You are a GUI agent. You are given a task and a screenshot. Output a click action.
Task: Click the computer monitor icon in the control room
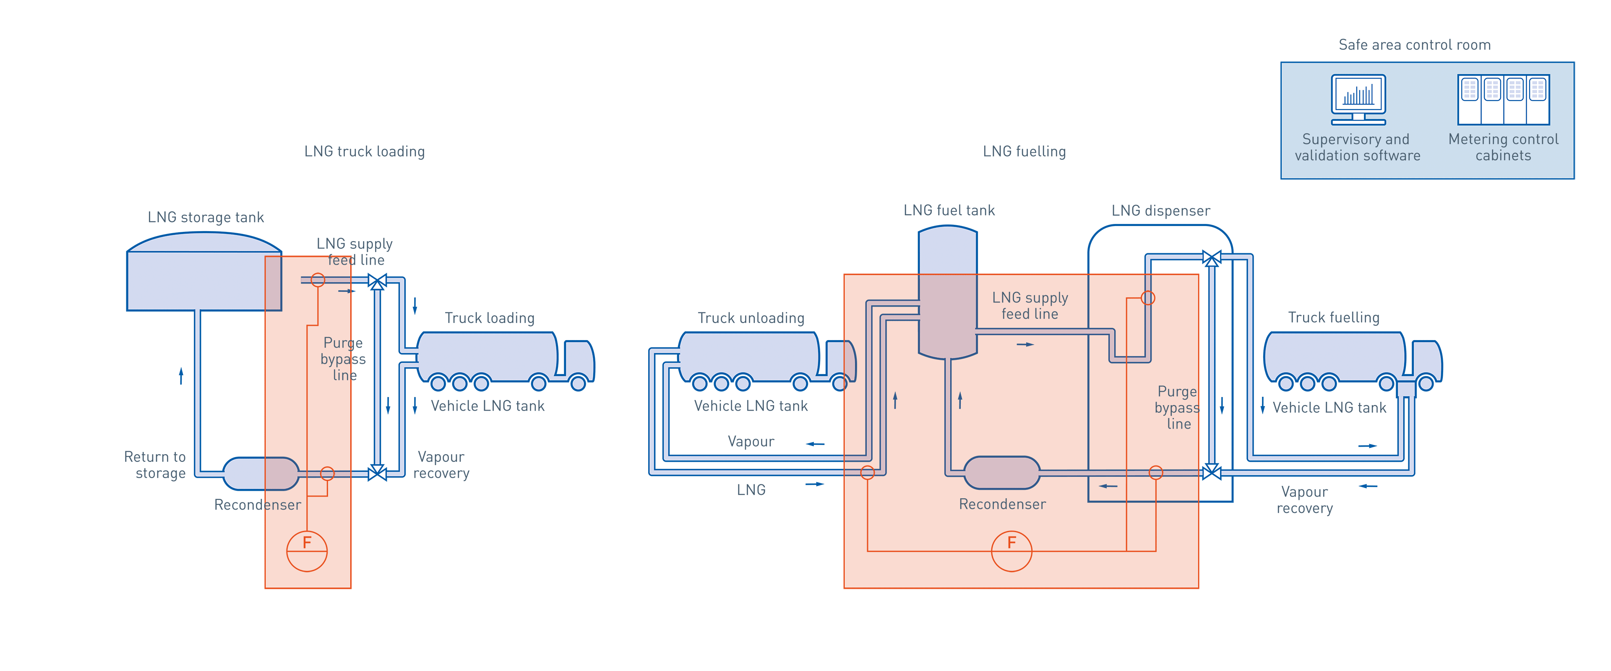[x=1358, y=99]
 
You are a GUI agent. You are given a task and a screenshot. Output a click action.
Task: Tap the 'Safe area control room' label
[x=1415, y=45]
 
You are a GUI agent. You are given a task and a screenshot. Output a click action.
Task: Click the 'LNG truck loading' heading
[x=365, y=151]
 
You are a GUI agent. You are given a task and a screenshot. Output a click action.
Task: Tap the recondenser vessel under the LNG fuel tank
[x=1001, y=473]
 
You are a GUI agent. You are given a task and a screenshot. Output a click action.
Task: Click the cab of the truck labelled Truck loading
[x=579, y=359]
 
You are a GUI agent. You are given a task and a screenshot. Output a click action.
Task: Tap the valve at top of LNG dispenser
[x=1211, y=257]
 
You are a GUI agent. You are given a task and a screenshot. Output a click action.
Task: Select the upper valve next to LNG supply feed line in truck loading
[x=377, y=282]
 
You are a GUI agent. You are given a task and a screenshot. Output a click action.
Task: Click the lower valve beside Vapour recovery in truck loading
[x=377, y=473]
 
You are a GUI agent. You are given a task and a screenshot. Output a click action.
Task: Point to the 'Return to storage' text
[x=155, y=465]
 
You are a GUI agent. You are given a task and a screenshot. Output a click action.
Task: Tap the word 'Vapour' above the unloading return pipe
[x=751, y=442]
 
